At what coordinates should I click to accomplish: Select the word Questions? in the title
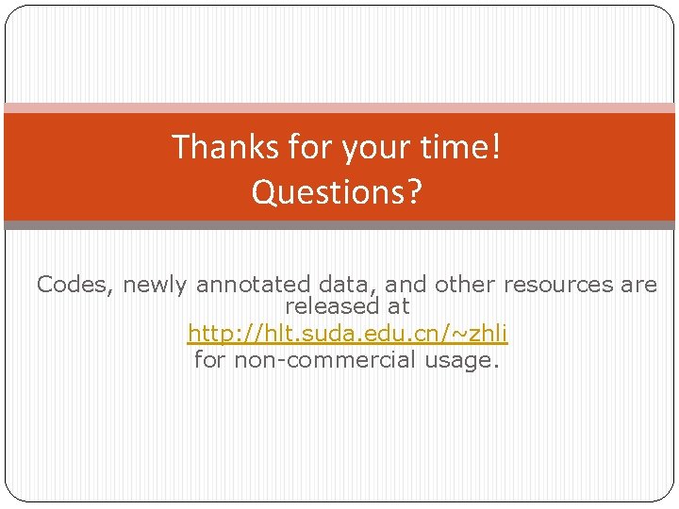pyautogui.click(x=338, y=192)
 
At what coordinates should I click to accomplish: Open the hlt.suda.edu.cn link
pyautogui.click(x=347, y=333)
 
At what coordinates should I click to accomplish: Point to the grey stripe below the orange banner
pyautogui.click(x=339, y=225)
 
